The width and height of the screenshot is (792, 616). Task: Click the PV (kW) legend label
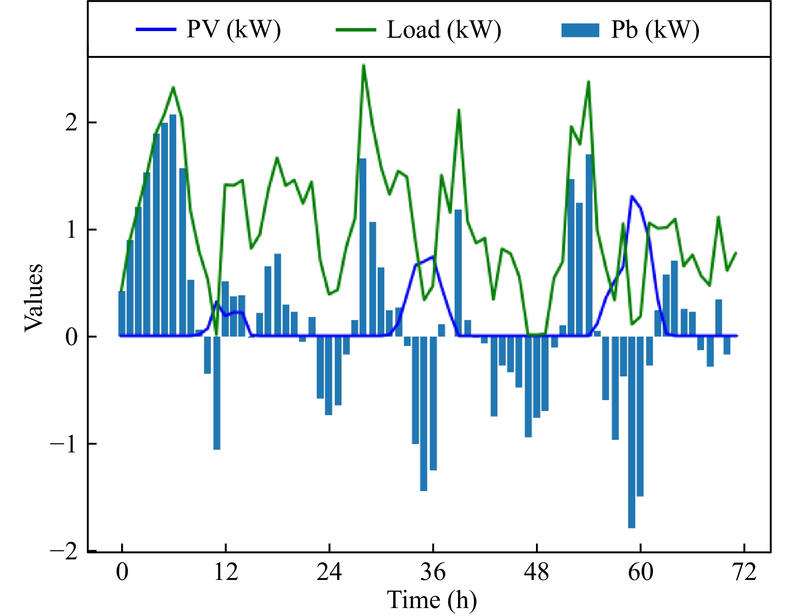(233, 30)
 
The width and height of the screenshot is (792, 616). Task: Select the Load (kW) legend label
(444, 30)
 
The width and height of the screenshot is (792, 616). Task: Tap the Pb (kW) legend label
(655, 30)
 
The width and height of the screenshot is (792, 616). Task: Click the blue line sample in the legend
(156, 29)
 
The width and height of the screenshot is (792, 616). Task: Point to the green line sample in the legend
(356, 30)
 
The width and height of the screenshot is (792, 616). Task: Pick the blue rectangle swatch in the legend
(580, 30)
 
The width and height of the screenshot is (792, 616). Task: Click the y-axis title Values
(34, 297)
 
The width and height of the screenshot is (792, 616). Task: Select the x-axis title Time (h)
(432, 599)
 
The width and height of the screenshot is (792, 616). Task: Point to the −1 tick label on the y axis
(64, 444)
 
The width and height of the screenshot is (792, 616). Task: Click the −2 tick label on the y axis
(64, 551)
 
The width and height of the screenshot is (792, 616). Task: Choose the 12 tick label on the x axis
(226, 572)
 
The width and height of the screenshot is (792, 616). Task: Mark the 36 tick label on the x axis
(433, 572)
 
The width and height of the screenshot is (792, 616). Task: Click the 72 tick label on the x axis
(745, 572)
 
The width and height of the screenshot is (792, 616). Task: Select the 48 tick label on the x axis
(537, 572)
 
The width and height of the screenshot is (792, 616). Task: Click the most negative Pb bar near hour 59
(632, 432)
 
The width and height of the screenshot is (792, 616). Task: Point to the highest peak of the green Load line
(363, 65)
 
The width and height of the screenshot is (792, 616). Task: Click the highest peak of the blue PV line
(632, 196)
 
